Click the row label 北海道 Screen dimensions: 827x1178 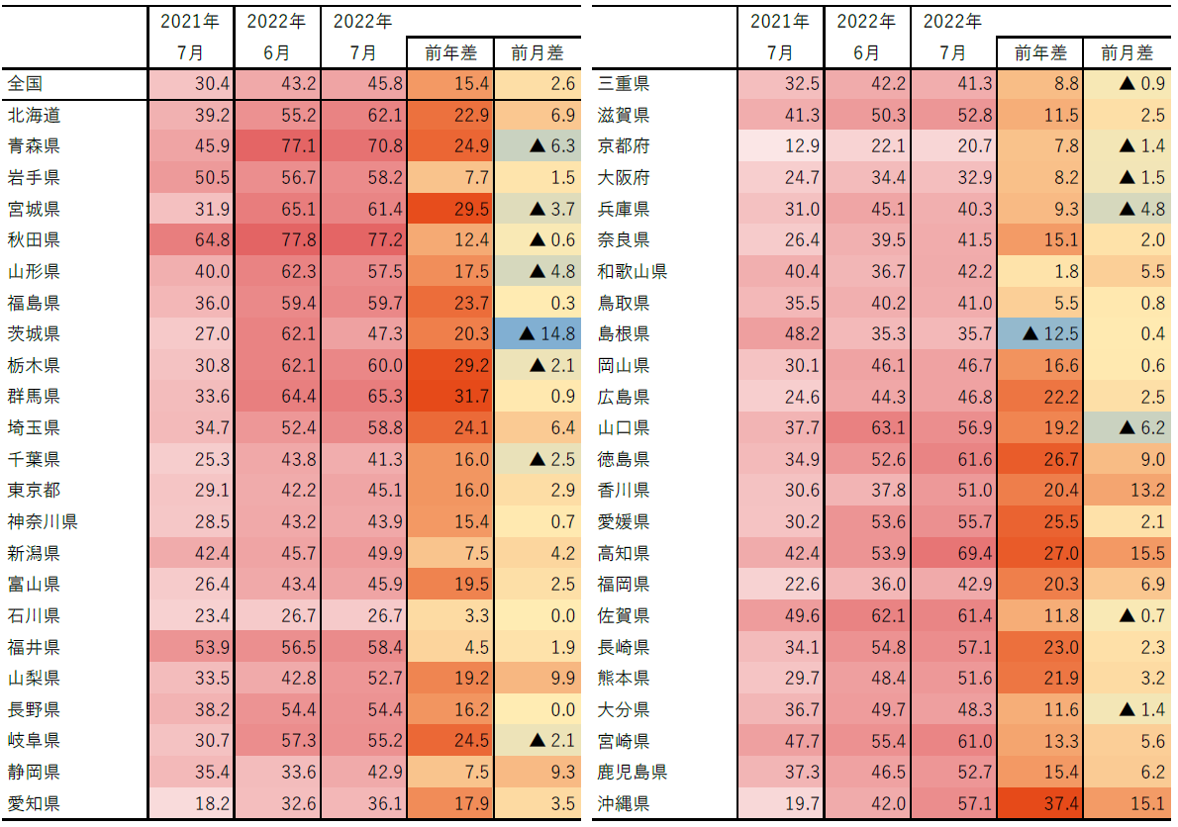pyautogui.click(x=34, y=116)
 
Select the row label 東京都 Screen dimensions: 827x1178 pyautogui.click(x=34, y=491)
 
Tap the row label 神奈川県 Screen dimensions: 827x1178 pyautogui.click(x=42, y=521)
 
